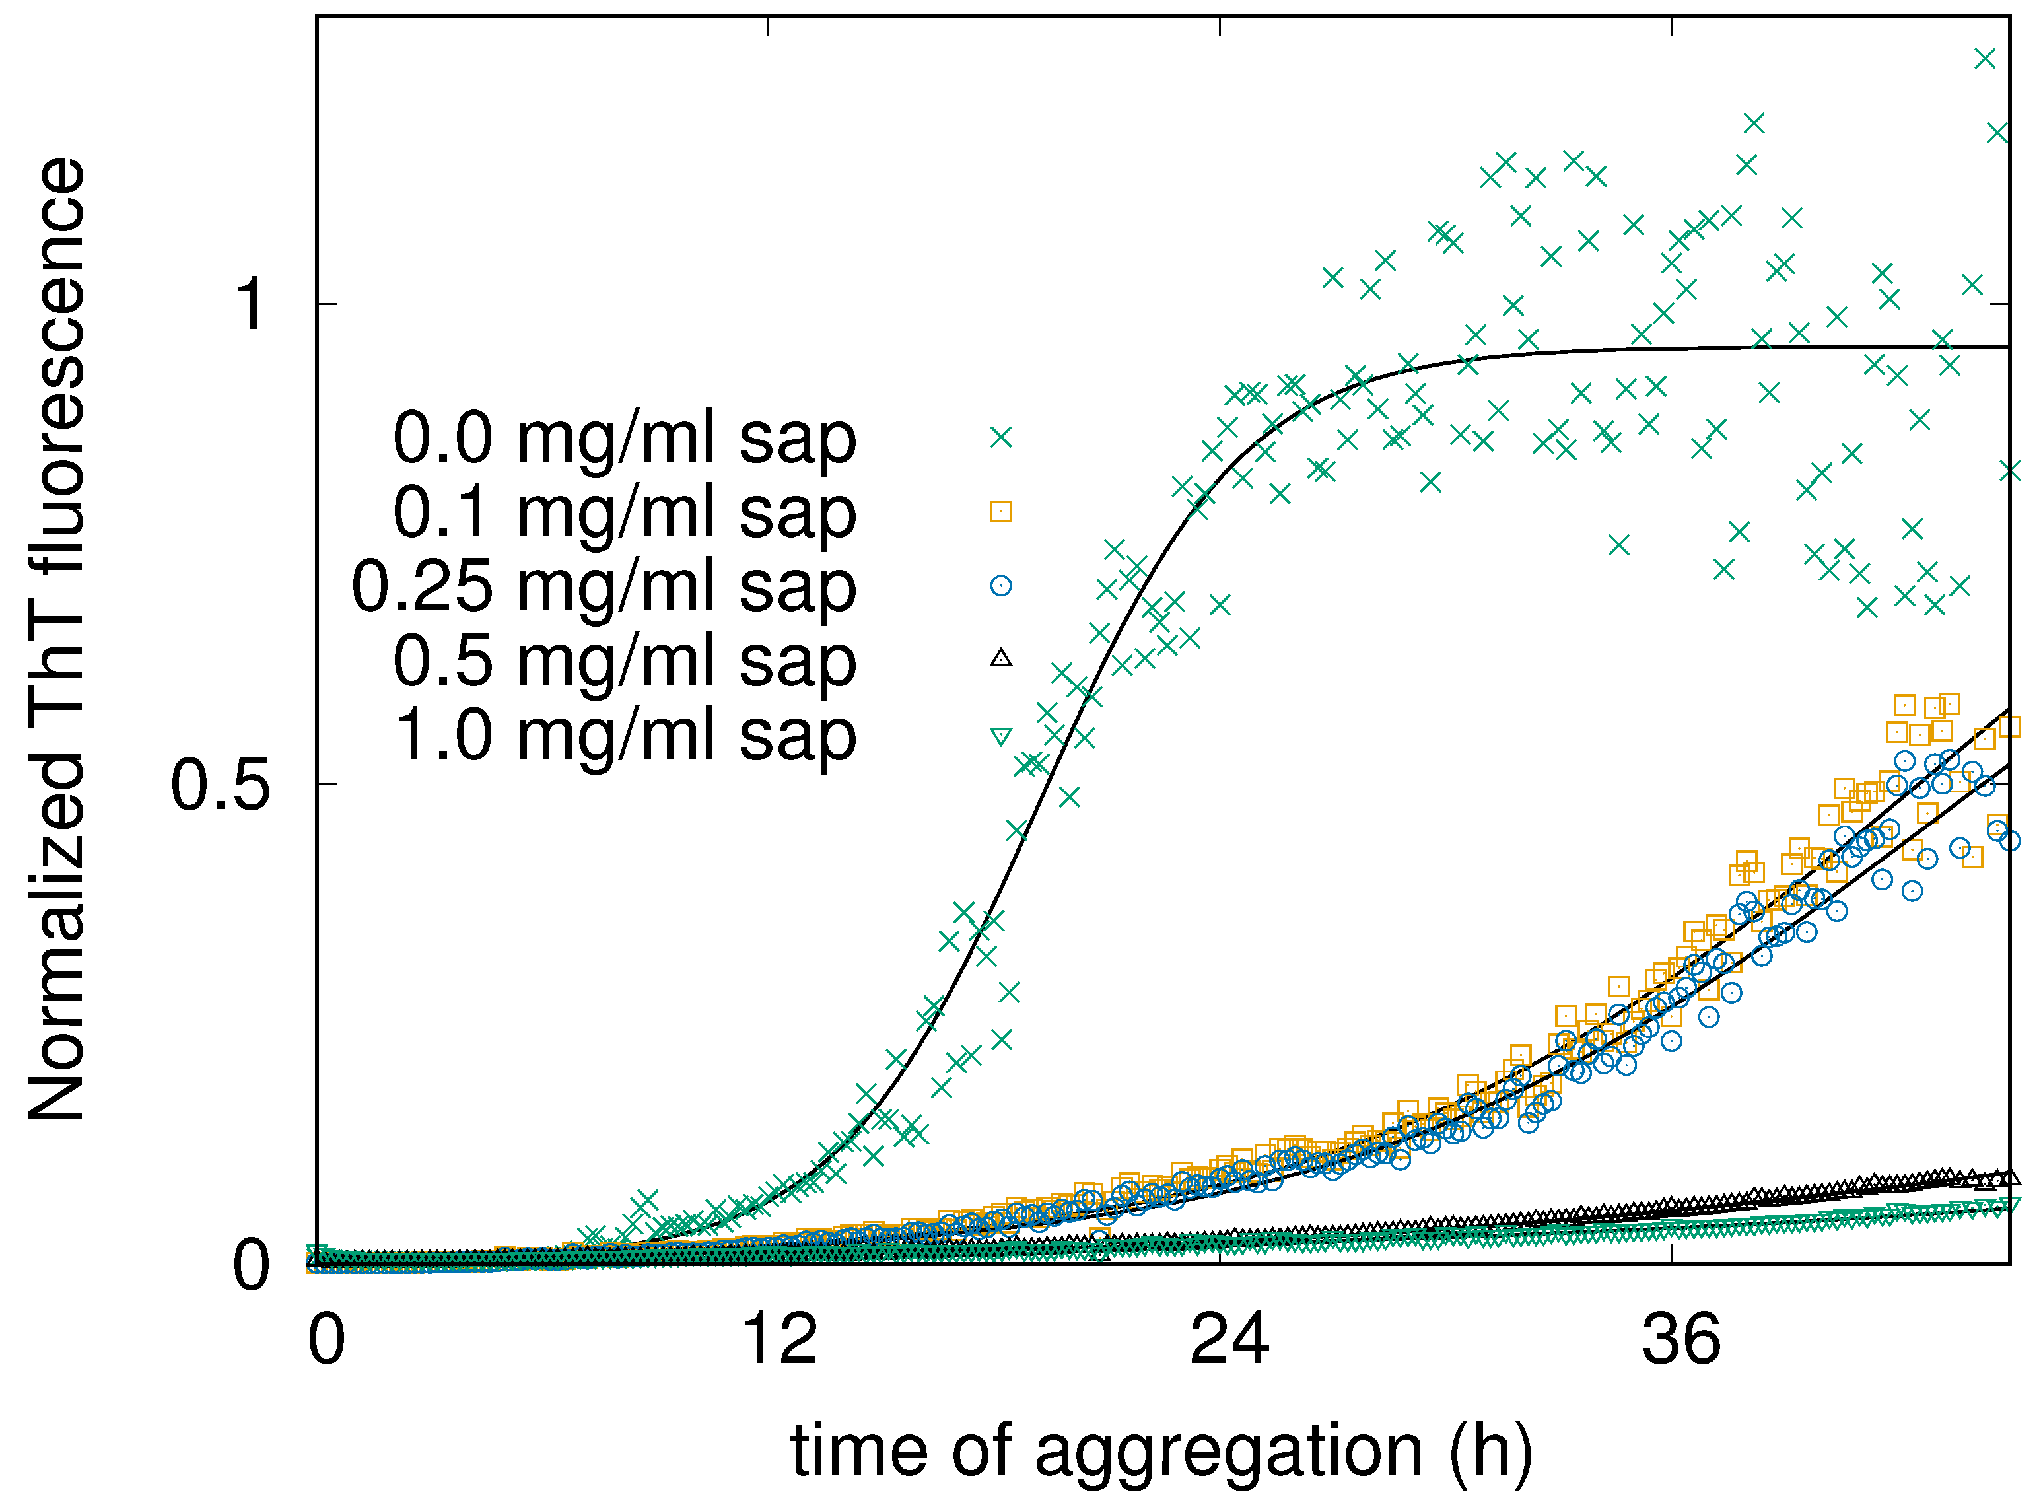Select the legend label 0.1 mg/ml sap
pyautogui.click(x=625, y=512)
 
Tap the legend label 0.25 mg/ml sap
pyautogui.click(x=604, y=586)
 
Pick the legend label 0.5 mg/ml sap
pyautogui.click(x=625, y=660)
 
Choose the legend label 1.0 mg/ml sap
pyautogui.click(x=625, y=736)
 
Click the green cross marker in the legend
pyautogui.click(x=1001, y=437)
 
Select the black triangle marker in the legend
pyautogui.click(x=1001, y=658)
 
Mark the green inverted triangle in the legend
pyautogui.click(x=1001, y=736)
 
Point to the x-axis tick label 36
pyautogui.click(x=1680, y=1340)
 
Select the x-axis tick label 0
pyautogui.click(x=326, y=1340)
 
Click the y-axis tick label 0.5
pyautogui.click(x=221, y=785)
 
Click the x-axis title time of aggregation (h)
pyautogui.click(x=1161, y=1451)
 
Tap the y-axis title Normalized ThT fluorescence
pyautogui.click(x=57, y=640)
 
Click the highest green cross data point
pyautogui.click(x=1984, y=59)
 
